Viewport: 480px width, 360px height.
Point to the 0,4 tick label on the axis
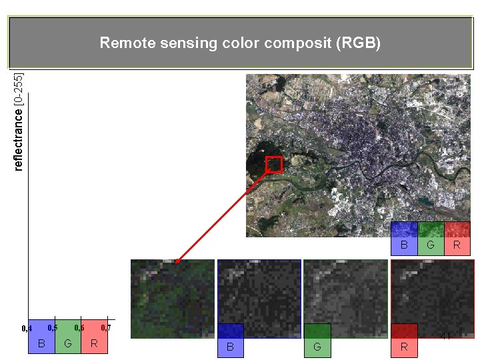27,328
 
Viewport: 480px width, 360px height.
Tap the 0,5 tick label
53,327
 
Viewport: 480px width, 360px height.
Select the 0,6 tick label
79,327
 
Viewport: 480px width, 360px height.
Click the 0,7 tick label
105,327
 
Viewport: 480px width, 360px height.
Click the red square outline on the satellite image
274,165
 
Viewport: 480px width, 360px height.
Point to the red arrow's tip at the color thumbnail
176,261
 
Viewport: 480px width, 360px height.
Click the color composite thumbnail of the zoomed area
173,299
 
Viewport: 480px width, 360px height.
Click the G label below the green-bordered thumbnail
317,347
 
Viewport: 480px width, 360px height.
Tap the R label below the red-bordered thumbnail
404,347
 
